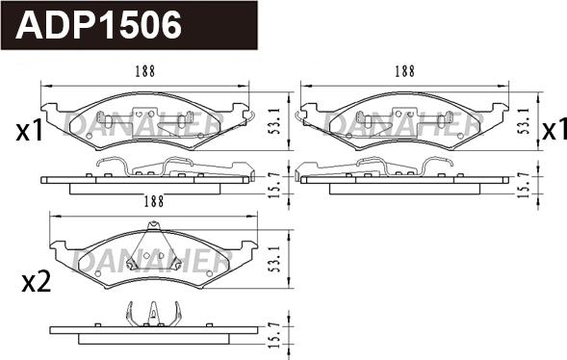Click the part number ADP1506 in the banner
[98, 25]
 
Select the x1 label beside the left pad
[30, 131]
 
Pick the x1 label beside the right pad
[554, 130]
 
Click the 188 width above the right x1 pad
[404, 71]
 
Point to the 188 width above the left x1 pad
[145, 71]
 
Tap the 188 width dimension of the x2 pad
[154, 201]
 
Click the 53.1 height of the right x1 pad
[524, 121]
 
